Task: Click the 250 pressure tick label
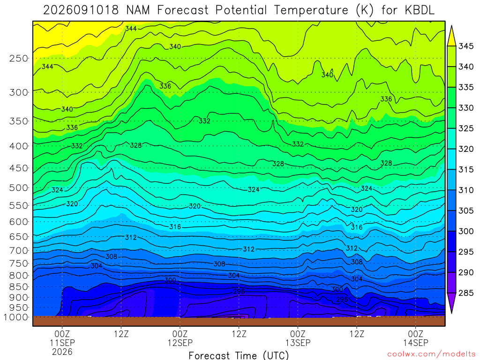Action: point(19,58)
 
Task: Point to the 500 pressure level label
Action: point(19,187)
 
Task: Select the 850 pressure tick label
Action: point(19,287)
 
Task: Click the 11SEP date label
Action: point(62,343)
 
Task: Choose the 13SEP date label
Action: point(298,343)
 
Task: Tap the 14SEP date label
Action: point(415,343)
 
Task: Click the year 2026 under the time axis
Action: point(62,352)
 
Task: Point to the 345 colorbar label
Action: point(465,46)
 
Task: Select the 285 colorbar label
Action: point(465,293)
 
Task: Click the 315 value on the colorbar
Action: point(465,170)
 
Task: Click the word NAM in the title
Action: point(138,10)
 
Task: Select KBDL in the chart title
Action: point(419,10)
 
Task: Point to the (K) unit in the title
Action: point(365,10)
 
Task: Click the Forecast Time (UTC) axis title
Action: point(239,355)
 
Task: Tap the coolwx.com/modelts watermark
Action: point(432,354)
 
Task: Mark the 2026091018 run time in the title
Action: point(81,10)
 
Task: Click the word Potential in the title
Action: point(241,10)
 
